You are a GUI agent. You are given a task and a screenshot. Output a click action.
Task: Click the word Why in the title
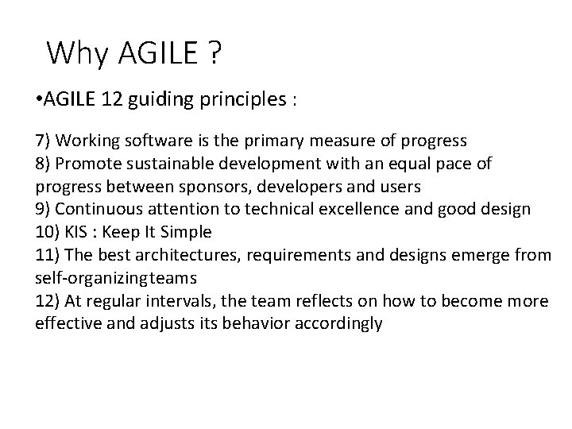(x=77, y=54)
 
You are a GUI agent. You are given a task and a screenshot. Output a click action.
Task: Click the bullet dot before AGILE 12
(x=39, y=101)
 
